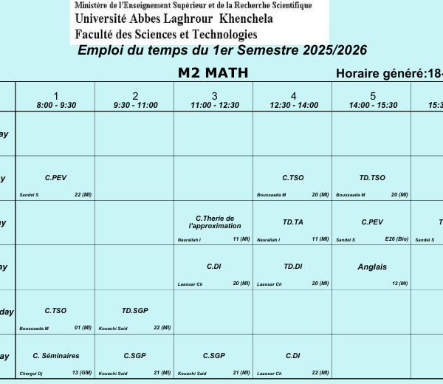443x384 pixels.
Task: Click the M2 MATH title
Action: [213, 72]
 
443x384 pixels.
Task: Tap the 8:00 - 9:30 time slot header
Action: [56, 105]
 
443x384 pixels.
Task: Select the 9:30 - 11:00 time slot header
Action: [135, 105]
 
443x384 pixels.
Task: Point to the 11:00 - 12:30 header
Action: [214, 105]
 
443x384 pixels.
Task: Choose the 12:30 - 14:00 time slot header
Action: [293, 105]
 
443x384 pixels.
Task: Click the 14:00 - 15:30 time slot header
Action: [372, 105]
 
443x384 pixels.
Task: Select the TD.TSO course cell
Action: [372, 178]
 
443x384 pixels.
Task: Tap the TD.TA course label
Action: [293, 222]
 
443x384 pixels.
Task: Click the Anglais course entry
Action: [372, 267]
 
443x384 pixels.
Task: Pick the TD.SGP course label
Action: [135, 311]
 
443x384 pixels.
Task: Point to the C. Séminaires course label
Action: [56, 355]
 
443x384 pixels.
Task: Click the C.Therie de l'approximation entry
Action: [214, 222]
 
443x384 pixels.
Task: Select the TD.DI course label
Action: [293, 267]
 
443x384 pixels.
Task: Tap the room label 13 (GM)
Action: [82, 373]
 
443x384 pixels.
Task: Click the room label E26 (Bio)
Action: [396, 239]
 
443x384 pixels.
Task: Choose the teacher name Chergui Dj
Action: [31, 374]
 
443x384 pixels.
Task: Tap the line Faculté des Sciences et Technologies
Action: [166, 33]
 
